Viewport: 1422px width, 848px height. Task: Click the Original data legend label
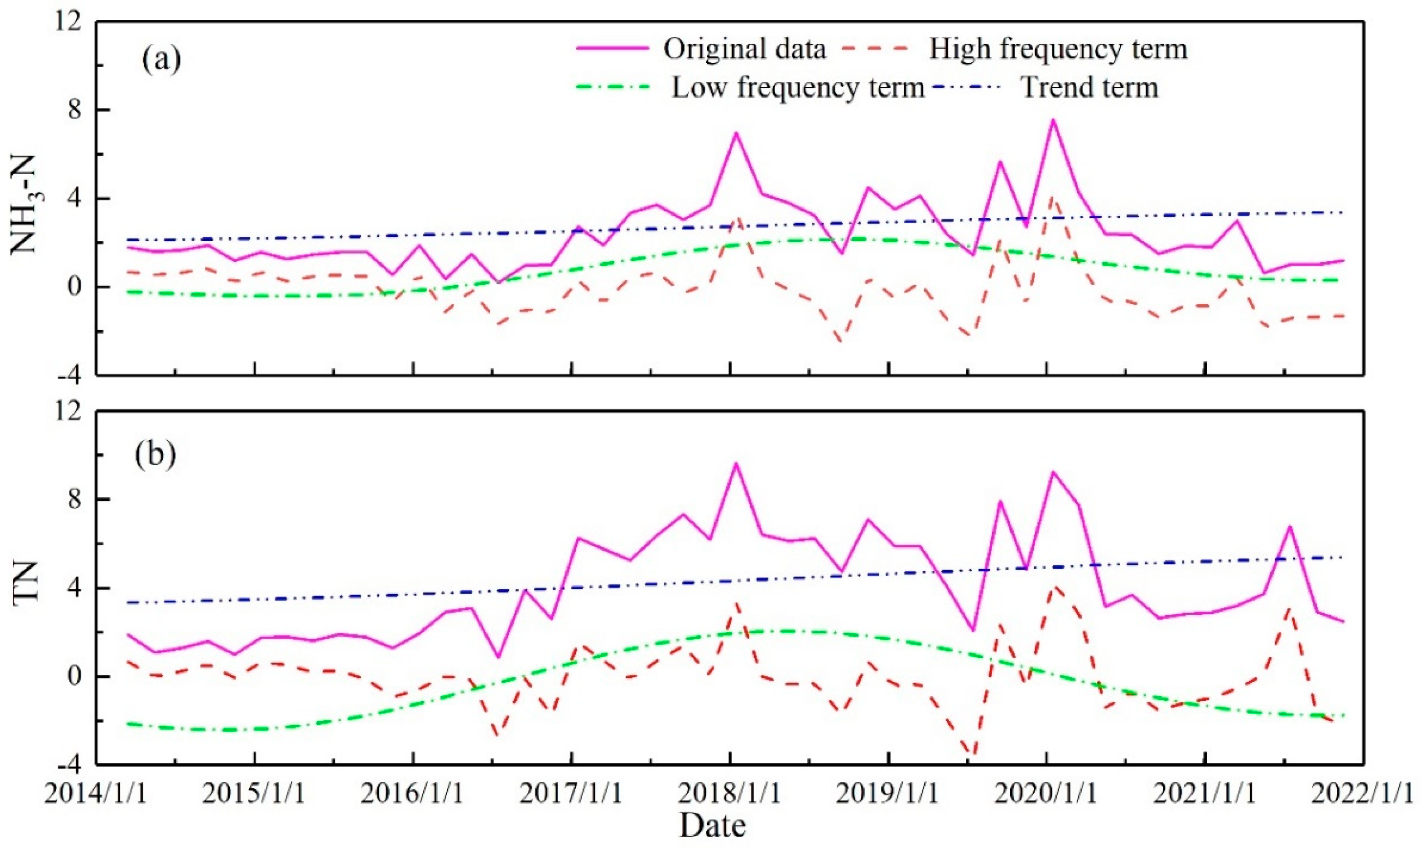point(745,49)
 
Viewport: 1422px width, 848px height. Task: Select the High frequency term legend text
point(1058,49)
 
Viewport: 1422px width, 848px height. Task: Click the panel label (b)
point(155,456)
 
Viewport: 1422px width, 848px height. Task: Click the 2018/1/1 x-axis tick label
point(730,794)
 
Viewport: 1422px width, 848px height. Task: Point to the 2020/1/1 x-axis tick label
point(1046,794)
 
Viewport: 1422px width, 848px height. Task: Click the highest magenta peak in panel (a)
point(1052,119)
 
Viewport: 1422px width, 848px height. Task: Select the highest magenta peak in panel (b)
point(736,463)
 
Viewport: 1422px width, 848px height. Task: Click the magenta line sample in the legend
point(613,49)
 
